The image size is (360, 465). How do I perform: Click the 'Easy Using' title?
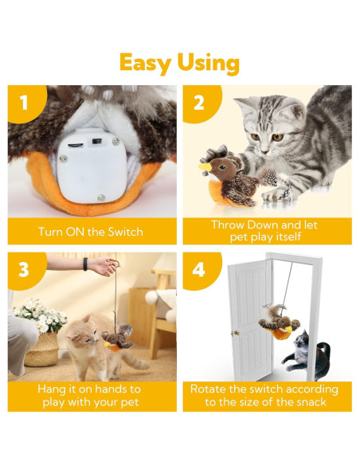pos(179,62)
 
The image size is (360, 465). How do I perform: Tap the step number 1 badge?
pos(24,103)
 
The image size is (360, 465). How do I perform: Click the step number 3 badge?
pos(24,270)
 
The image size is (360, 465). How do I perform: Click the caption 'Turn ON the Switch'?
pos(92,232)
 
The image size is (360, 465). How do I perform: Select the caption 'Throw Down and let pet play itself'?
pos(265,231)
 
